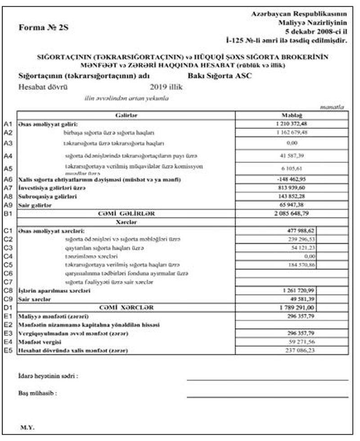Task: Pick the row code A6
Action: [7, 179]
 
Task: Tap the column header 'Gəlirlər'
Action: [126, 115]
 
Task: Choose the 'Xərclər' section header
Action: [126, 222]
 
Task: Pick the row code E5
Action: [7, 350]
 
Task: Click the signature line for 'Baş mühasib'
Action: [267, 396]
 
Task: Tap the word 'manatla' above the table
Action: [332, 107]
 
